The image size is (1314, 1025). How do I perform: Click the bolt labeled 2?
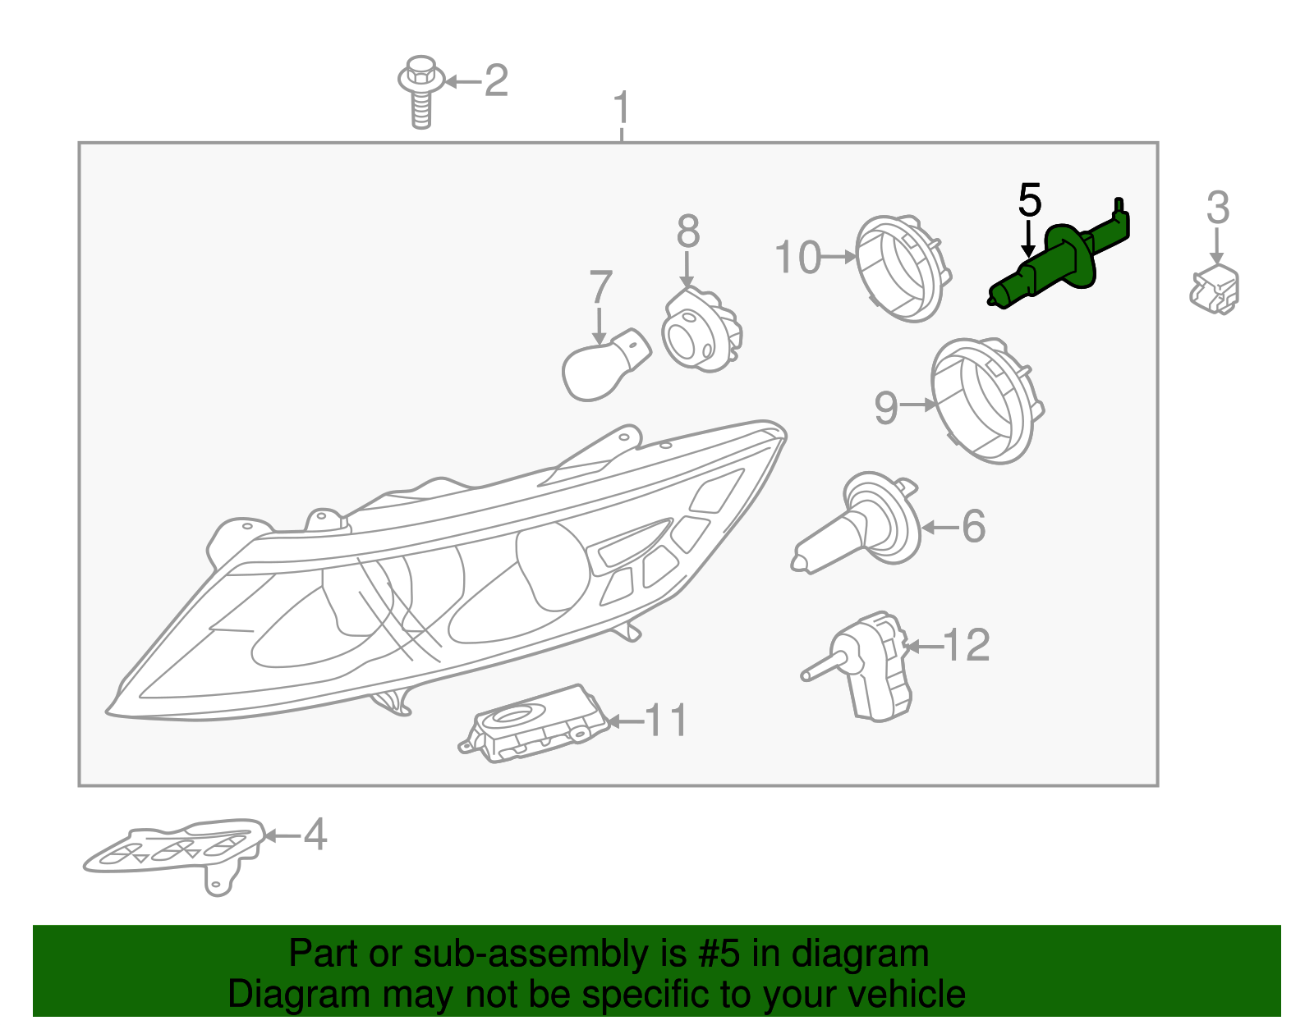click(420, 93)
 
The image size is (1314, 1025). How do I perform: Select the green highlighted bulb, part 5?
click(1059, 256)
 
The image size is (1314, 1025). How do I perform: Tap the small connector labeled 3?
click(1214, 290)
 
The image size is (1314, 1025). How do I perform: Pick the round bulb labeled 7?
click(604, 364)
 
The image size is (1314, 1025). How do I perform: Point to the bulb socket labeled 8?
click(701, 329)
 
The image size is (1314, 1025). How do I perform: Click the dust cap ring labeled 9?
click(985, 401)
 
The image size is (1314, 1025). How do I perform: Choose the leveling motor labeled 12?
click(856, 666)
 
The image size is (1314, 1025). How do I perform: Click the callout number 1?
click(621, 108)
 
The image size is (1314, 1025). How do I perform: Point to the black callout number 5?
click(1030, 199)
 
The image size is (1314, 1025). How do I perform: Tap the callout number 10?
click(798, 257)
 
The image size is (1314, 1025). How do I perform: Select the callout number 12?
click(966, 644)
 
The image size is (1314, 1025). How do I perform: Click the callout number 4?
click(315, 834)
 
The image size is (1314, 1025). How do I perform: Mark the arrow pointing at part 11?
click(626, 721)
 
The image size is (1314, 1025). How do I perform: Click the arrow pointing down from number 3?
click(1216, 246)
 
